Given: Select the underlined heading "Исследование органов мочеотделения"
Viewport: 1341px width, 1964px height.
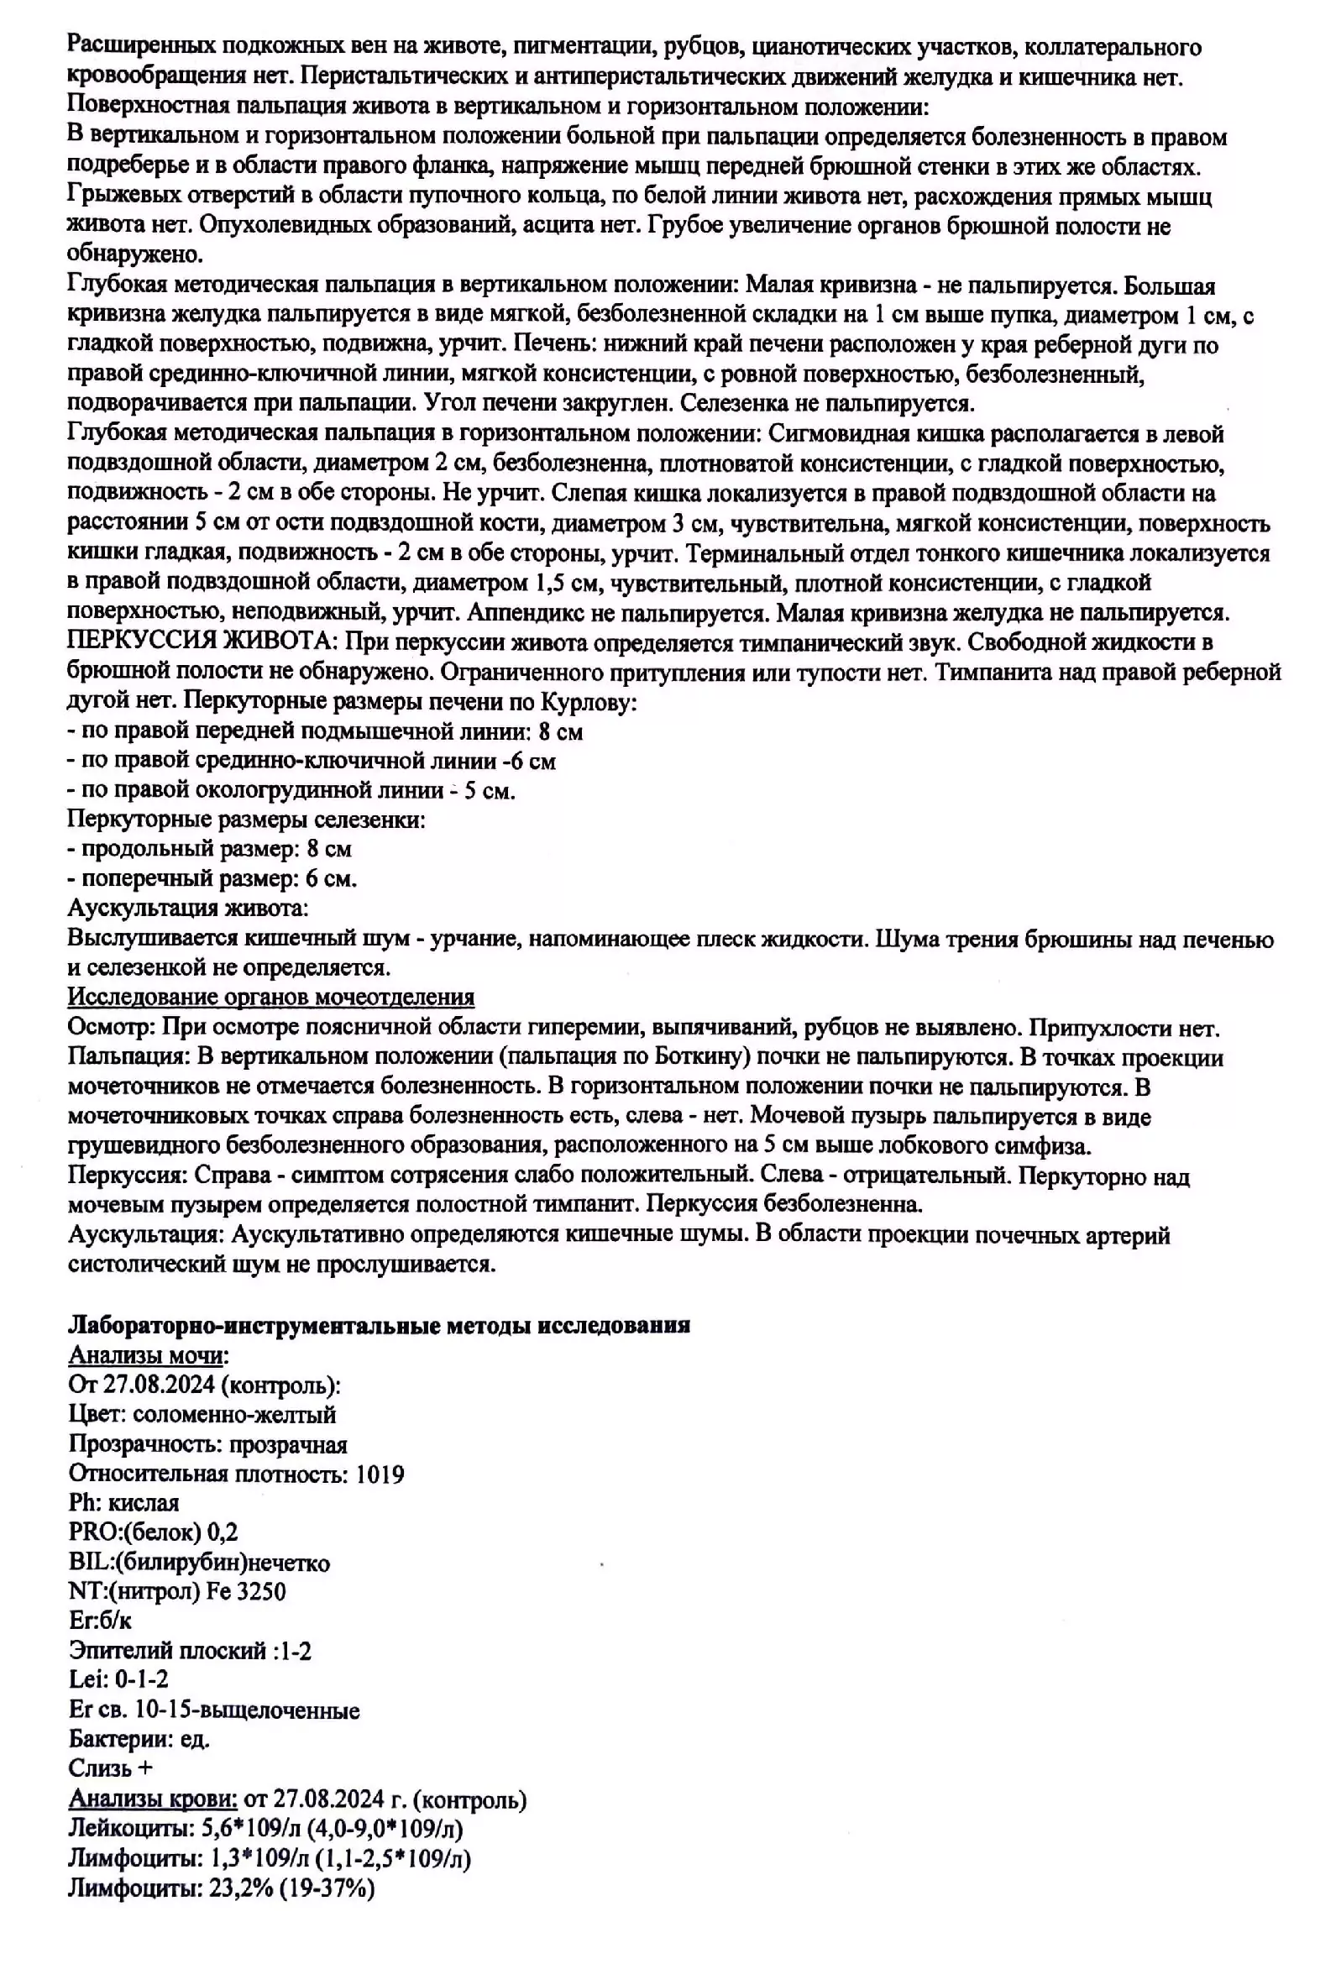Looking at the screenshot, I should coord(270,998).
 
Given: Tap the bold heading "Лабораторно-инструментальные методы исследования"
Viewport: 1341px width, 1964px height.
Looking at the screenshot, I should coord(379,1325).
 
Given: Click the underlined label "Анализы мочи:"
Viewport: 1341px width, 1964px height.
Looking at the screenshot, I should coord(149,1355).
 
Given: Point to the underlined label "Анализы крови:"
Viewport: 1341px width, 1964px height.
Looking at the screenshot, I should coord(153,1800).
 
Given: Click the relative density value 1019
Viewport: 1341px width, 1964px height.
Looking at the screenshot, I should coord(380,1474).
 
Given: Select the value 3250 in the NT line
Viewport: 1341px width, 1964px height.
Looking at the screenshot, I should coord(261,1592).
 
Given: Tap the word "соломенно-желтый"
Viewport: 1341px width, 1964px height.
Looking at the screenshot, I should coord(234,1415).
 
